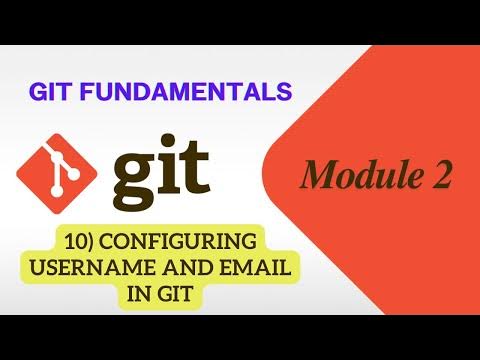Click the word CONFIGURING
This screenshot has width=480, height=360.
(x=186, y=243)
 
